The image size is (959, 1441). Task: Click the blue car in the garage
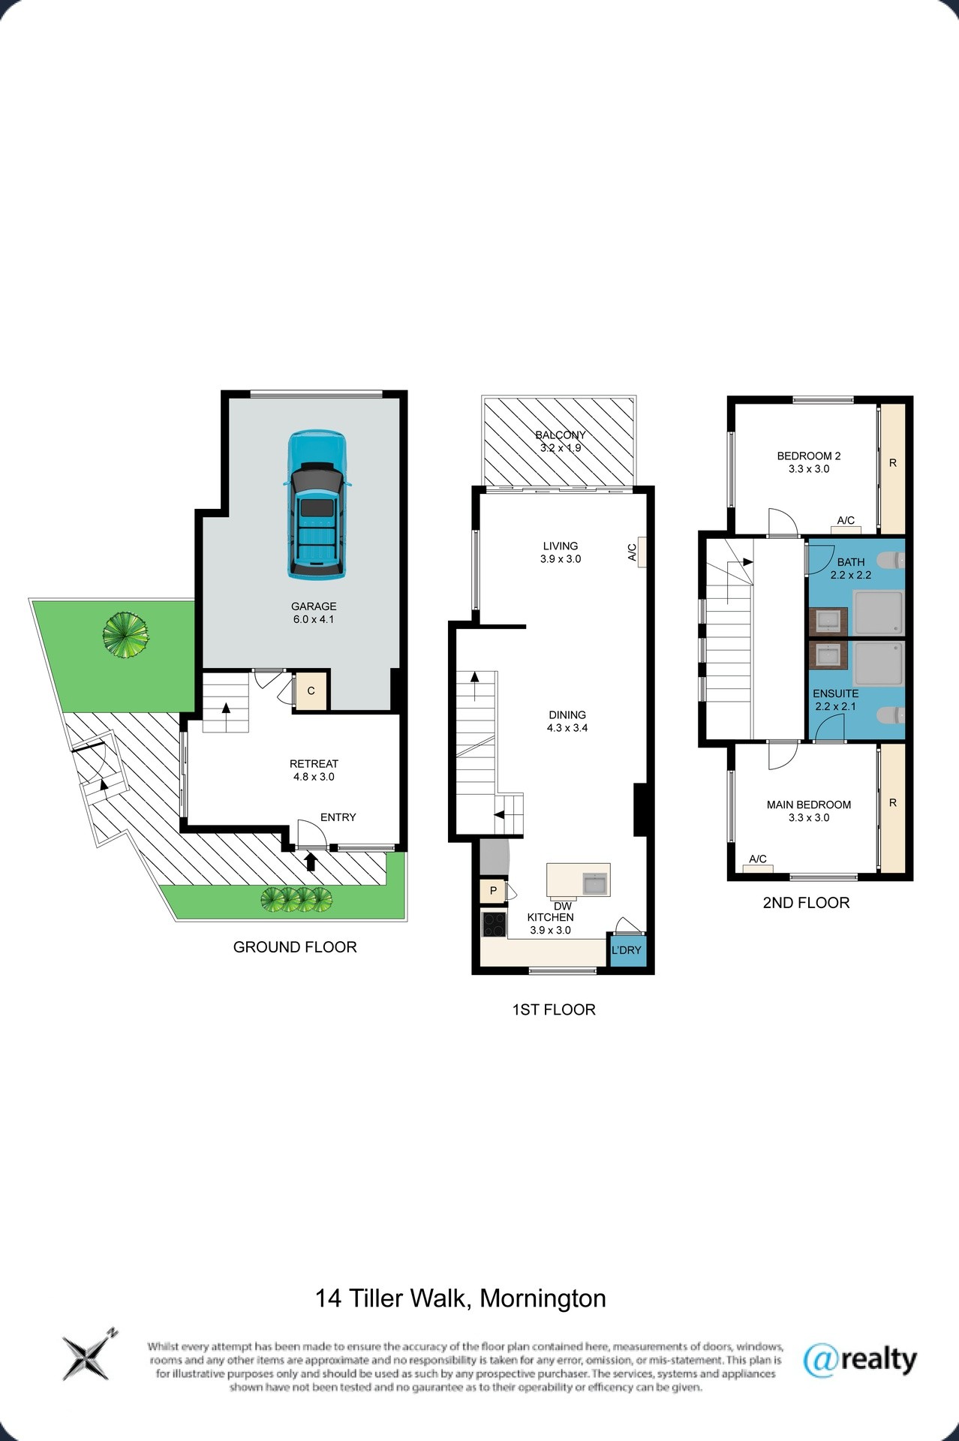[x=316, y=504]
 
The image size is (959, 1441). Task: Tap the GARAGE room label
[x=314, y=606]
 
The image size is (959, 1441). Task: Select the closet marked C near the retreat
[x=311, y=690]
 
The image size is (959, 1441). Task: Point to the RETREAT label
[x=314, y=764]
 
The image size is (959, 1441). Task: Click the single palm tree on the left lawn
[x=125, y=635]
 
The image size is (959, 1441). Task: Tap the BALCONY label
[x=561, y=435]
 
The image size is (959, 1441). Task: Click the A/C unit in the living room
[x=642, y=552]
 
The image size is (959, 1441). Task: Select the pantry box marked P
[x=493, y=892]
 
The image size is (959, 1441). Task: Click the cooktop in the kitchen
[x=494, y=924]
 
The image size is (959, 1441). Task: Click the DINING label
[x=567, y=715]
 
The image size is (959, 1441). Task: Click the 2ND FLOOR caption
[x=806, y=903]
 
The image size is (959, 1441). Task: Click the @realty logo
[x=860, y=1360]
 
